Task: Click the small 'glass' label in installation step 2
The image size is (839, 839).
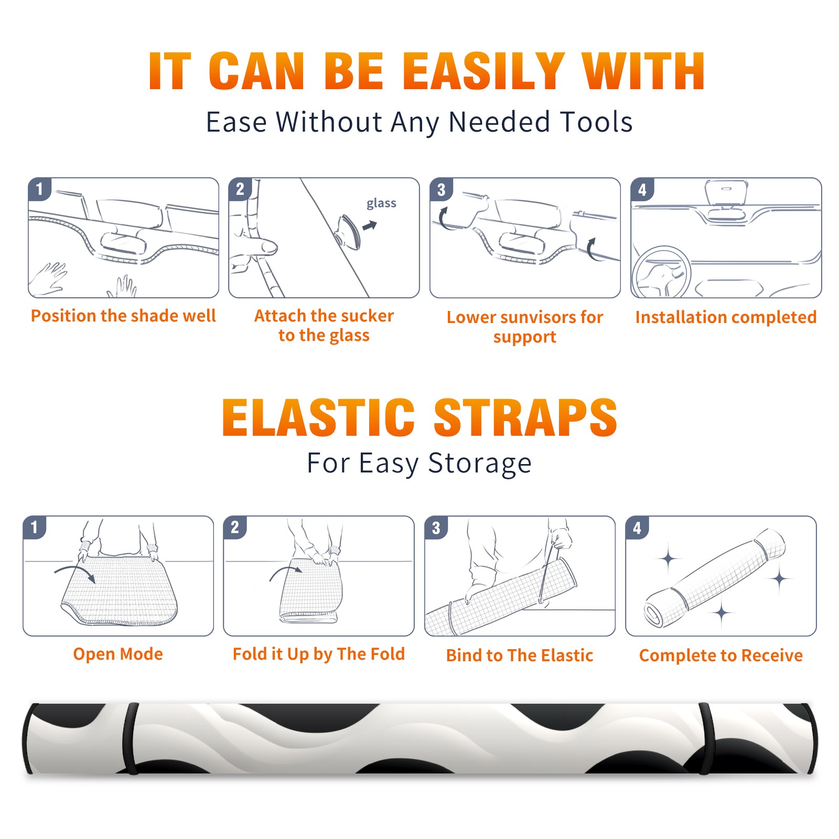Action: pos(381,203)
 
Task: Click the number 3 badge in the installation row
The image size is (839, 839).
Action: pos(441,190)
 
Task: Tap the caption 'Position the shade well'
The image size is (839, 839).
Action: pos(123,316)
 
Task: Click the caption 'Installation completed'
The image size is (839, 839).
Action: pos(726,317)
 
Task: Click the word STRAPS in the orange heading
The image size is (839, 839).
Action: pos(525,417)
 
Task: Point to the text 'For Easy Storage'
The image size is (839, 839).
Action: pos(419,464)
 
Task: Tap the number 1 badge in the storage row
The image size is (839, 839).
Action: pos(35,528)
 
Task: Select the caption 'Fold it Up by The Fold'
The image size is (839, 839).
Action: pos(319,654)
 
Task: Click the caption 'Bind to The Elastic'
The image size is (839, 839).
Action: pos(520,655)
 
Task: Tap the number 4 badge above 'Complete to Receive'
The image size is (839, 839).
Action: pos(637,528)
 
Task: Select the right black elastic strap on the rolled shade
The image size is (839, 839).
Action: pos(706,739)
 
